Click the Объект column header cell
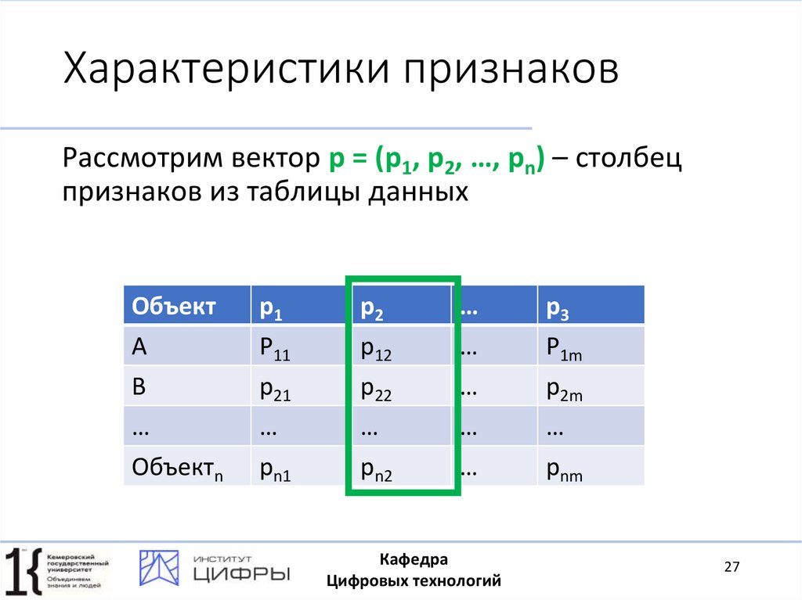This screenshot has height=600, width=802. [186, 307]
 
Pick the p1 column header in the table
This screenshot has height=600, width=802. [298, 307]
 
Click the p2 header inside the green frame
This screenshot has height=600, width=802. [399, 307]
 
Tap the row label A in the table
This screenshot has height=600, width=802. [186, 347]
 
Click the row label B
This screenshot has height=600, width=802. [186, 388]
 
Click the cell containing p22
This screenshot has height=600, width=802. [399, 388]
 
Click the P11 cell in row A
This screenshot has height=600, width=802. [298, 347]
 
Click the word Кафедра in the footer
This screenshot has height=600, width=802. [414, 559]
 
